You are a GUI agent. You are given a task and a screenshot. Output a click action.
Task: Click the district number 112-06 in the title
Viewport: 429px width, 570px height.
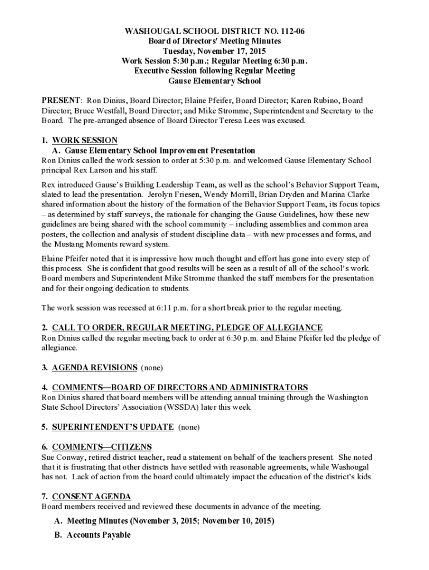286,31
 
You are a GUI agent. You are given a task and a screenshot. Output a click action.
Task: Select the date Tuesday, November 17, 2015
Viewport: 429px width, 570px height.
214,51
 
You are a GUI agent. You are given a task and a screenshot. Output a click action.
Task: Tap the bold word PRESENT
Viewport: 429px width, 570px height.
61,101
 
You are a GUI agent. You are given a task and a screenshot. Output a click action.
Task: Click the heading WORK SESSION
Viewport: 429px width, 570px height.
85,141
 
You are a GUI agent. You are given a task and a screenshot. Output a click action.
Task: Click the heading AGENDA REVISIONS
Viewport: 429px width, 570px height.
95,367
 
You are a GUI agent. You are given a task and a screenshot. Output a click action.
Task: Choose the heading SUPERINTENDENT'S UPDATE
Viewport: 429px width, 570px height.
113,427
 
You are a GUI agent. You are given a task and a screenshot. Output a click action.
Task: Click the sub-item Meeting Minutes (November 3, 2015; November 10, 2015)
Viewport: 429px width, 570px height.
170,522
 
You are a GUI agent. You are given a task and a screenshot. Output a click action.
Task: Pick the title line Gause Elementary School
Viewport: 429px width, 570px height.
214,81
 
